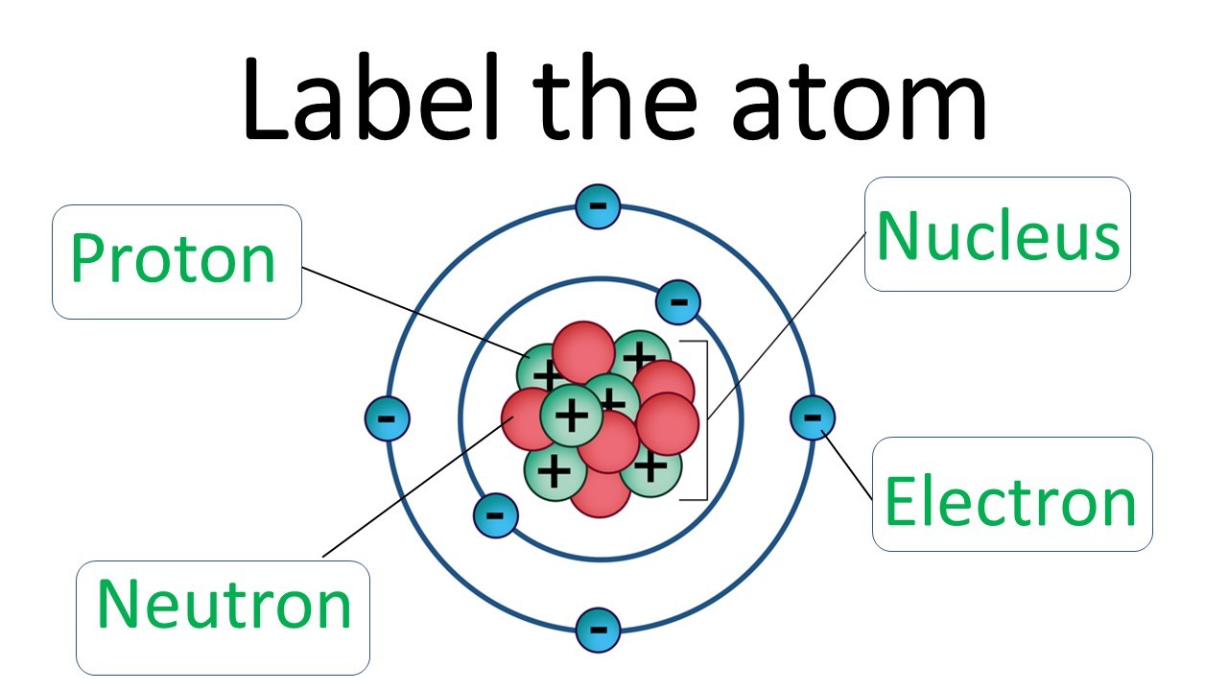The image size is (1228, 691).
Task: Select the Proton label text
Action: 173,258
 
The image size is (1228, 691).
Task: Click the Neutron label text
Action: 224,605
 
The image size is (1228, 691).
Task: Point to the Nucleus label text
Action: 998,235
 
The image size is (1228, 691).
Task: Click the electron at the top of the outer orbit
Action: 597,205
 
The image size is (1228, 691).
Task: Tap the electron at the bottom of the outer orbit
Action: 597,631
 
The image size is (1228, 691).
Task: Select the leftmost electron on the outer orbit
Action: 388,418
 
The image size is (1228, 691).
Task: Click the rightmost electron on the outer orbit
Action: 812,417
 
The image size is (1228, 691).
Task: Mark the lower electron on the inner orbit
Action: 495,515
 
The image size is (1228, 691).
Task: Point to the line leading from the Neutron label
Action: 413,489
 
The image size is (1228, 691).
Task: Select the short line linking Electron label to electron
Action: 848,466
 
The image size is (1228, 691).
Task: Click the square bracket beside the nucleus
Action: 707,419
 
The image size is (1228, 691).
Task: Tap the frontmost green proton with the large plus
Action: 571,415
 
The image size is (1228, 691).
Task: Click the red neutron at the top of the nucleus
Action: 582,350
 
